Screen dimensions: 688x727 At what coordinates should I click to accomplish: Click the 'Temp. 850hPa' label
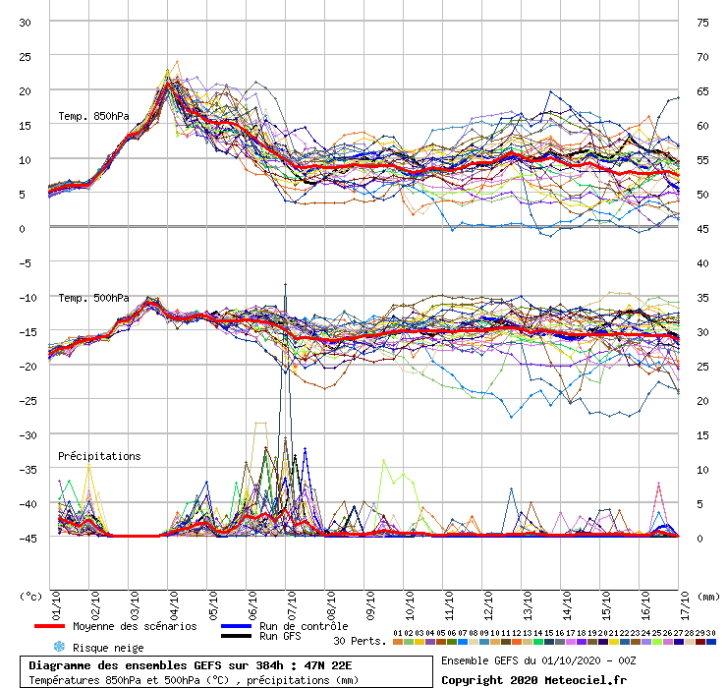[93, 117]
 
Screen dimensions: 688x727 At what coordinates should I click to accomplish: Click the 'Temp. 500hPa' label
[93, 298]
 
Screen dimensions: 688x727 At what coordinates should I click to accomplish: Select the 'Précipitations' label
[99, 456]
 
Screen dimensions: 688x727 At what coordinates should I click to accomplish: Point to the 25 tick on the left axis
[26, 56]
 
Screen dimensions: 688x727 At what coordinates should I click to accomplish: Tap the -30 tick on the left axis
[24, 434]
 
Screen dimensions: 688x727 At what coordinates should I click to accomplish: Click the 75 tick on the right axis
[702, 22]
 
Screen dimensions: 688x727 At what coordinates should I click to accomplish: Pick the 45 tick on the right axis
[702, 228]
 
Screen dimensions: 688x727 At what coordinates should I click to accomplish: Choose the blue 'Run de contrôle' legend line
[235, 626]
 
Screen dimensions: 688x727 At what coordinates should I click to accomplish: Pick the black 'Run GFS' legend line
[235, 637]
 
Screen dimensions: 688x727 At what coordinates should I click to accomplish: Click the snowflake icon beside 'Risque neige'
[59, 647]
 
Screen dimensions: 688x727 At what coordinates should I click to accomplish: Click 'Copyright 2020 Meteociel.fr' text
[533, 679]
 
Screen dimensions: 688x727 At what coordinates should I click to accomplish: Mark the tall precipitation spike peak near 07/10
[286, 284]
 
